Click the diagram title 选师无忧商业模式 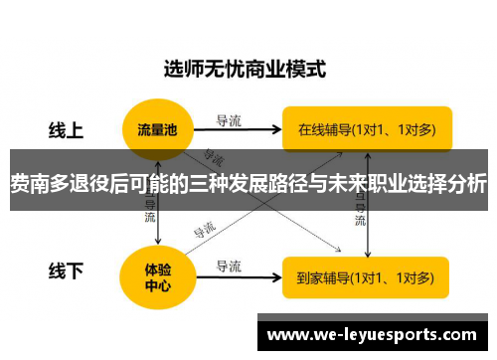tap(245, 71)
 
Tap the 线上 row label tap(67, 130)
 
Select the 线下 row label tap(67, 270)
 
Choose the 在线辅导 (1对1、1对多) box tap(366, 128)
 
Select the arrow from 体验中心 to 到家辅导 tap(238, 276)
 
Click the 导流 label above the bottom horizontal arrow tap(229, 265)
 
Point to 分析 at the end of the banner tap(466, 184)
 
